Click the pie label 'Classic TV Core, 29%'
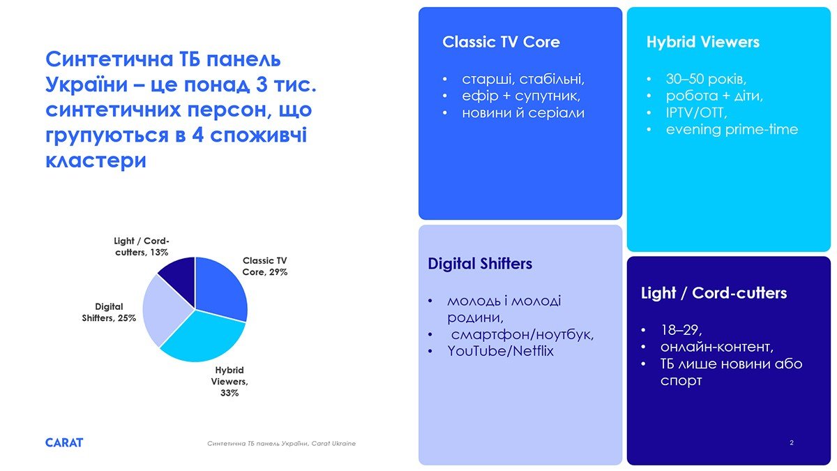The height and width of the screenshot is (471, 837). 265,266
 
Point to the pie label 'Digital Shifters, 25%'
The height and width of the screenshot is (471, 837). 109,312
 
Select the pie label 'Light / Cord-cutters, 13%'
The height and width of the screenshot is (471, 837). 142,246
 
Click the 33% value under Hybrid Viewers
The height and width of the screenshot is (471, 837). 229,393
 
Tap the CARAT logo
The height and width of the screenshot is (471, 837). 64,442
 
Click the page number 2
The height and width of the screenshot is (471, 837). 792,442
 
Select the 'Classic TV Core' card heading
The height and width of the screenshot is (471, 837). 501,42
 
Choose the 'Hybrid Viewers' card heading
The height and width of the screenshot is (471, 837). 703,43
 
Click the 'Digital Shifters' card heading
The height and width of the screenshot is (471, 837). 480,264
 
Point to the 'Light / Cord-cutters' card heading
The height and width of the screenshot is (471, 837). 714,293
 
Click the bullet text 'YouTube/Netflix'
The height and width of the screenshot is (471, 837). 500,351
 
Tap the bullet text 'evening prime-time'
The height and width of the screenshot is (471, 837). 732,130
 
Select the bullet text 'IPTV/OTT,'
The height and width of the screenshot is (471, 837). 697,113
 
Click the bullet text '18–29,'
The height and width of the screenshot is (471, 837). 681,330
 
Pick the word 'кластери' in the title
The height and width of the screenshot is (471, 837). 96,160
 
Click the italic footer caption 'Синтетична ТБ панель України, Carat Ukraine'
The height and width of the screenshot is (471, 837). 281,444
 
